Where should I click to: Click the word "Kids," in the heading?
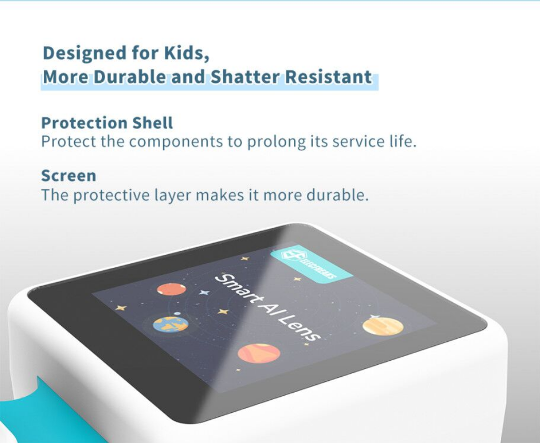click(x=186, y=53)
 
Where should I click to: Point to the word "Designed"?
click(x=84, y=54)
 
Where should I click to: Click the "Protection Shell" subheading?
click(x=107, y=123)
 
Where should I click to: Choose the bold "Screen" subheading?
click(x=68, y=176)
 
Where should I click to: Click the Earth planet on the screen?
click(x=170, y=324)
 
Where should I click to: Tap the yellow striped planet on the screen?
click(x=383, y=325)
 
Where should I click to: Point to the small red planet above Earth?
click(x=171, y=289)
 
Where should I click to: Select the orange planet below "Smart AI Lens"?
click(x=258, y=353)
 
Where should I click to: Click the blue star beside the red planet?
click(x=204, y=293)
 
